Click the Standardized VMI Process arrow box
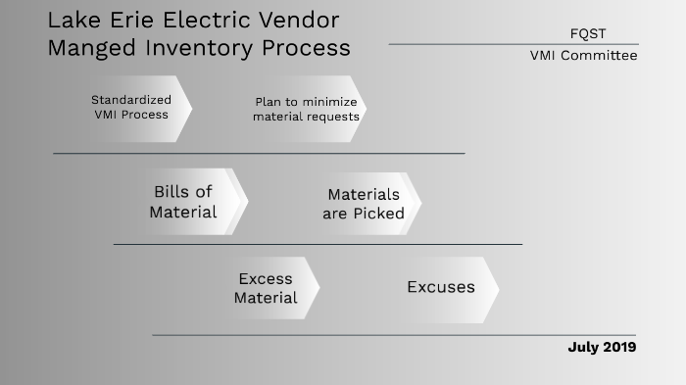click(x=132, y=108)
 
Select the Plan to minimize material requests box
click(x=307, y=109)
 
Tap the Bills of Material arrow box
click(x=186, y=202)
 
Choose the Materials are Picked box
click(x=364, y=204)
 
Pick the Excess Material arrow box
click(x=267, y=289)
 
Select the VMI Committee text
click(x=583, y=56)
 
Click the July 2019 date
click(x=602, y=347)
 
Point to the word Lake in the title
click(x=74, y=20)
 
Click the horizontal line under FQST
click(x=514, y=44)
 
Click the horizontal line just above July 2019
click(x=392, y=335)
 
